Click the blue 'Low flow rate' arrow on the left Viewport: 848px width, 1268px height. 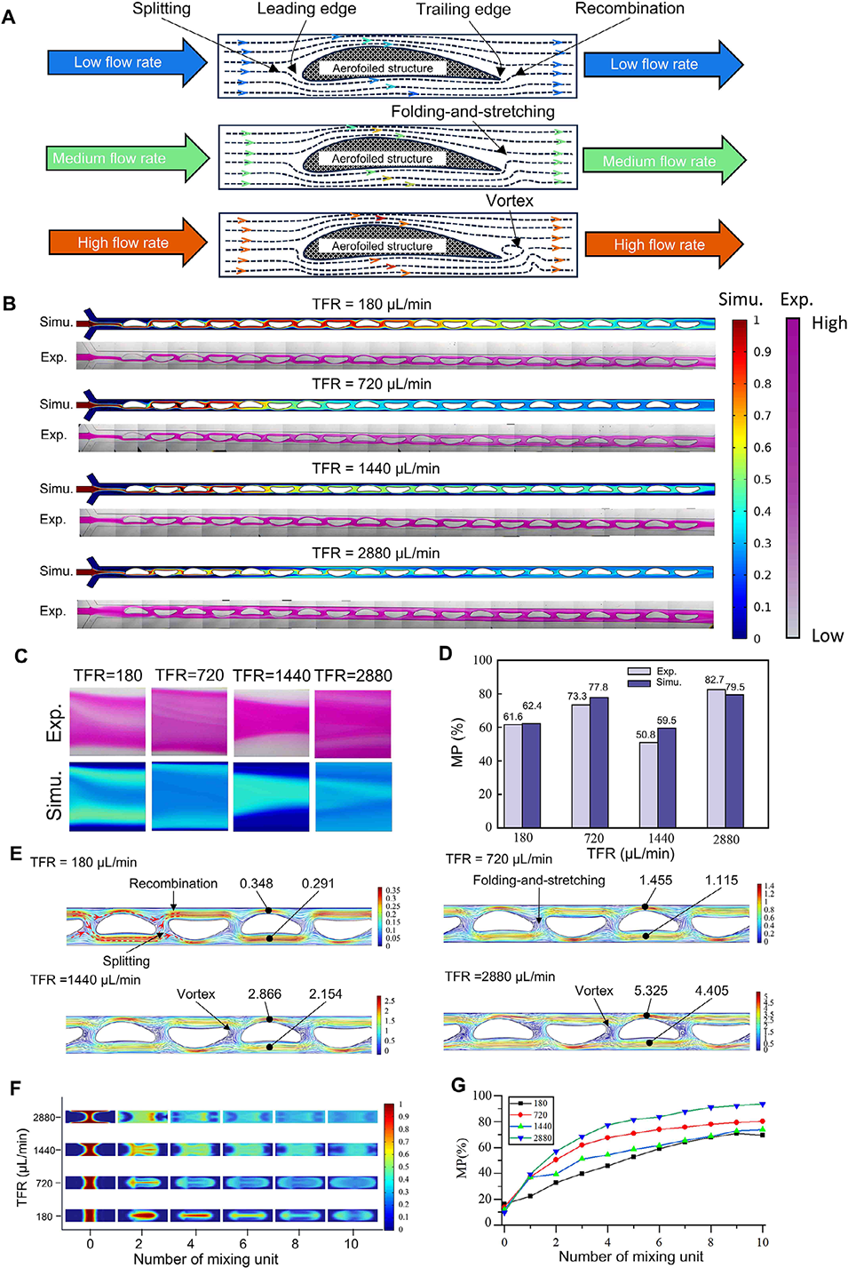[124, 62]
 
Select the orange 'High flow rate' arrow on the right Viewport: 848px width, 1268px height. [662, 244]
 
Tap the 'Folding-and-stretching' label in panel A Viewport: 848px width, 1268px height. [472, 112]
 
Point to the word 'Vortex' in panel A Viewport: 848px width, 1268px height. [510, 201]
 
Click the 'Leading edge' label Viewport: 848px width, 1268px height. [306, 9]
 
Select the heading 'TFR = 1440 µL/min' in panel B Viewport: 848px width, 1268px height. [376, 468]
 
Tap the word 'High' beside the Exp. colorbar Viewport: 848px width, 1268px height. [828, 323]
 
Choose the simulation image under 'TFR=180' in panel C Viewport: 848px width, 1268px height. [107, 796]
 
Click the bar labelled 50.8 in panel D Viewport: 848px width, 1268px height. [649, 784]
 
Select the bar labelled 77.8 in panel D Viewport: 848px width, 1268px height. [598, 762]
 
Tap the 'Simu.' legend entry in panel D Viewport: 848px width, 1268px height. [668, 682]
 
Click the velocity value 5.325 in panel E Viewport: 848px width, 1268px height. [651, 991]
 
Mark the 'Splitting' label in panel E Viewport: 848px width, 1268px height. [126, 961]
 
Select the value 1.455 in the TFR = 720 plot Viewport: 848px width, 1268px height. [655, 881]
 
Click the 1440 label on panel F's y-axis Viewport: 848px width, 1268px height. [44, 1150]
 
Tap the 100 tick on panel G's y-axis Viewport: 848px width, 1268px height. [481, 1096]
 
